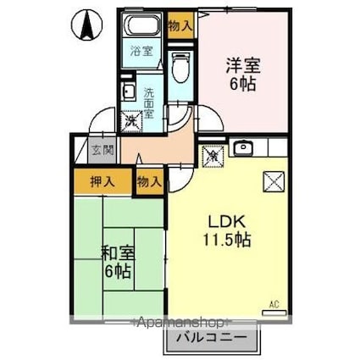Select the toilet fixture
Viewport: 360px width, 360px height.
(x=179, y=64)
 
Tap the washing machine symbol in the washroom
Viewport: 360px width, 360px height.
(x=133, y=120)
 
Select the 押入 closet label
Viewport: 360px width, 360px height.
(x=101, y=182)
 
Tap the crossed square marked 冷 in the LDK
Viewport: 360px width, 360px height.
(x=213, y=156)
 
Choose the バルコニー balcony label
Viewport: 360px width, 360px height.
(x=212, y=340)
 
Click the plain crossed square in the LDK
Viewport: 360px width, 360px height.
(x=275, y=181)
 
